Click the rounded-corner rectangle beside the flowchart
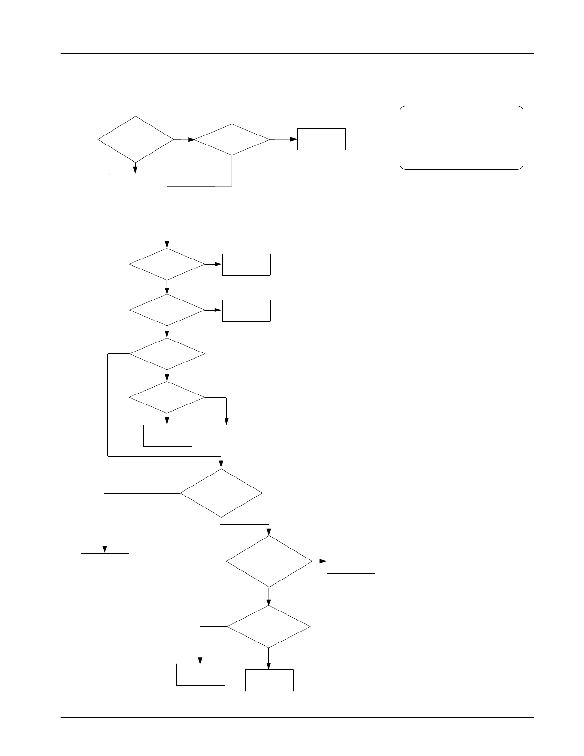461,138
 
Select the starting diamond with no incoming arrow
135,139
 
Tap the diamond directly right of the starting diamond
232,140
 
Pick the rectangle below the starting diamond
136,189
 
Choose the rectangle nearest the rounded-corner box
321,139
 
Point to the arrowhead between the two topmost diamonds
191,140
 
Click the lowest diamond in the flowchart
268,627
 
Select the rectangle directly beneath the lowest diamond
269,680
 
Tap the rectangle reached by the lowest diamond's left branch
200,675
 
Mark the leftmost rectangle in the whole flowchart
104,564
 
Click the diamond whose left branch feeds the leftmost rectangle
221,493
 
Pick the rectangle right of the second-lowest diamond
350,562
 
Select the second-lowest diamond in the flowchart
269,561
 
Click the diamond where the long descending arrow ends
167,264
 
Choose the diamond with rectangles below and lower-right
167,397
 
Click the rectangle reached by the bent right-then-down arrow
226,435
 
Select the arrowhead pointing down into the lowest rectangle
269,666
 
